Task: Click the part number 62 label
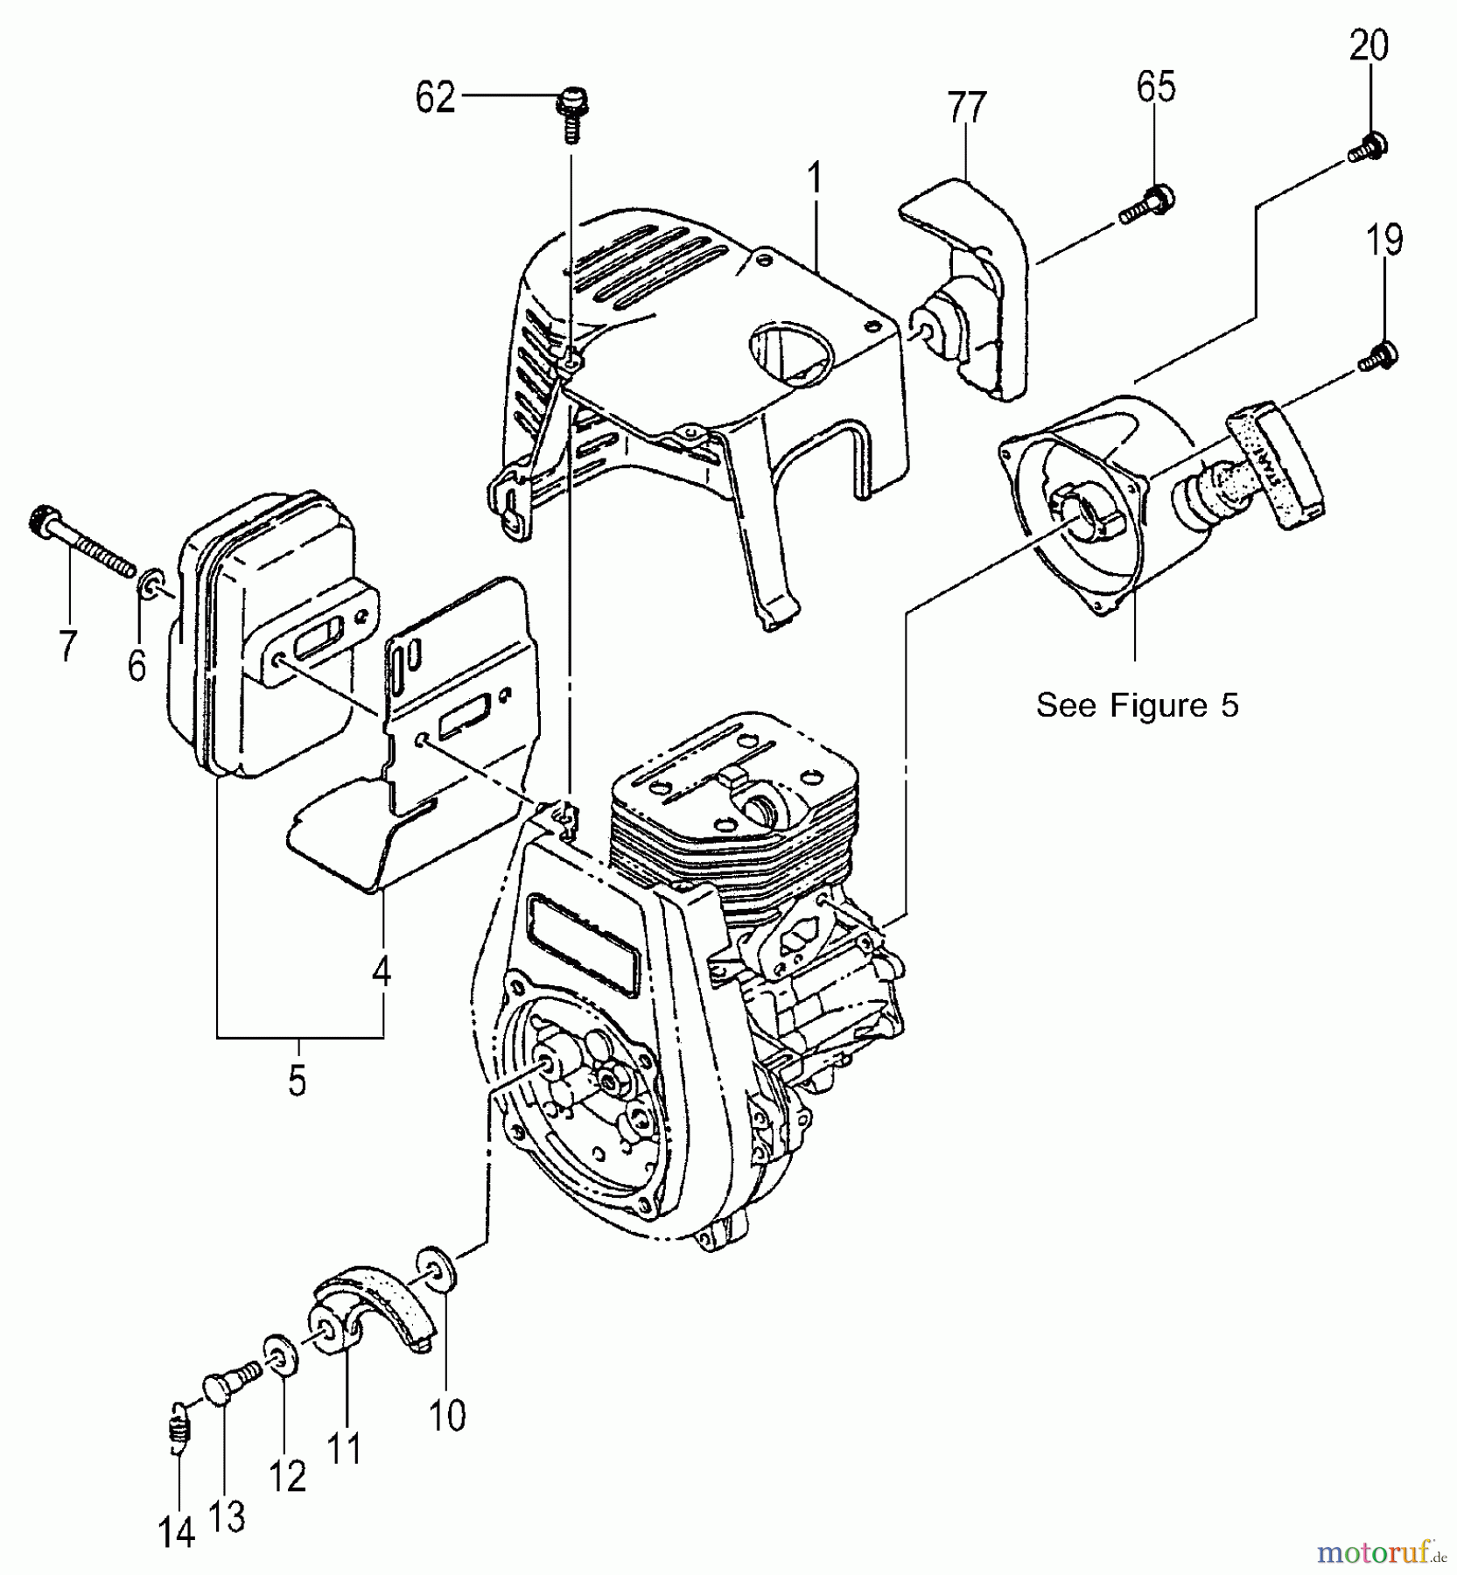pos(436,97)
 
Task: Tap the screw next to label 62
pos(571,111)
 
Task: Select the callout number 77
pos(966,108)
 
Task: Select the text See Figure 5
pos(1137,705)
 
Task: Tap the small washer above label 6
pos(151,582)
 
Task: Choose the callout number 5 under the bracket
pos(298,1081)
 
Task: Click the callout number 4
pos(381,971)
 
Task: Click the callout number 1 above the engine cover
pos(815,179)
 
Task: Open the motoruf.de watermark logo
pos(1381,1550)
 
